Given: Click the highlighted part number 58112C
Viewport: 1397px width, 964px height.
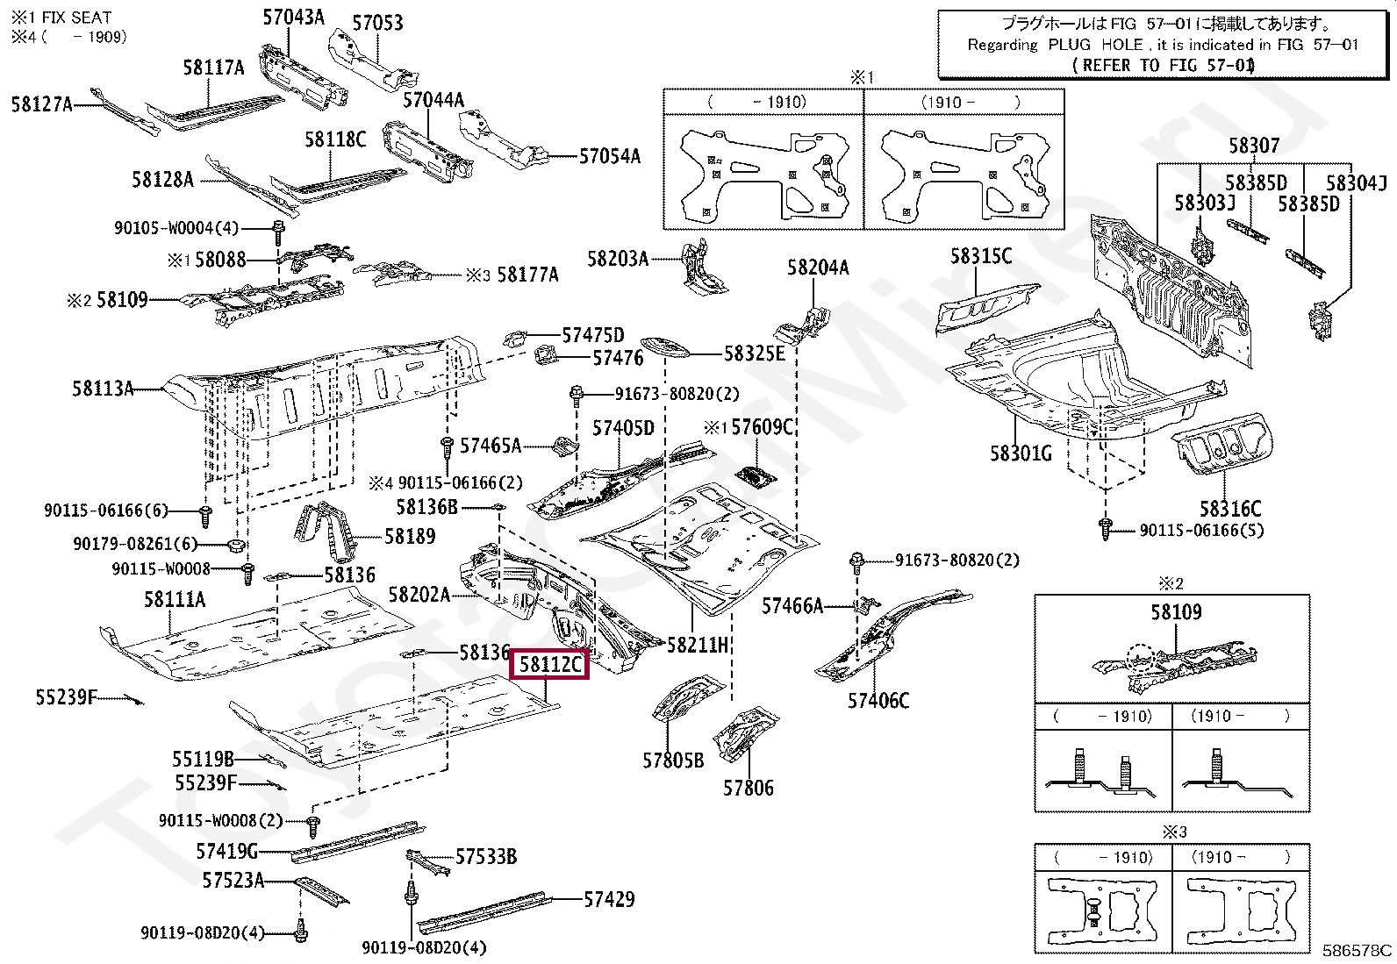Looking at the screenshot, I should point(549,664).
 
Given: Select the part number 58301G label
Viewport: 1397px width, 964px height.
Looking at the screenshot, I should point(1020,453).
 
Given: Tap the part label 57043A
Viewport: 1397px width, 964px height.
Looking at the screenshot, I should point(293,17).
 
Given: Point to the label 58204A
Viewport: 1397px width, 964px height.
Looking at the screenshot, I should point(818,268).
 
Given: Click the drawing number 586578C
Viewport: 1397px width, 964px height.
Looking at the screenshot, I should point(1357,949).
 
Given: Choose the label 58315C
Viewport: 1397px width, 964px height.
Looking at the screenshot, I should point(980,256).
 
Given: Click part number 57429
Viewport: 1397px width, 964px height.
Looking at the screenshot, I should point(609,899).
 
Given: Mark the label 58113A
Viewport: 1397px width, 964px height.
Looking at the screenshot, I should point(103,389).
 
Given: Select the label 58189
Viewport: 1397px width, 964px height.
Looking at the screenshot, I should point(410,536).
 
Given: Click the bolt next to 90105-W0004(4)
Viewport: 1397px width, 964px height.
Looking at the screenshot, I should point(277,230).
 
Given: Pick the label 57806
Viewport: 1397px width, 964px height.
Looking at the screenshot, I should point(748,788).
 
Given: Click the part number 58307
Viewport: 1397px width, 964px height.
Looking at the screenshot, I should point(1254,146).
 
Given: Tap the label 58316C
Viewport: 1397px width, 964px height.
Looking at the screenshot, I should point(1229,509).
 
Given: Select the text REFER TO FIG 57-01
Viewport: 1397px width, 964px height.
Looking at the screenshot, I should point(1164,65).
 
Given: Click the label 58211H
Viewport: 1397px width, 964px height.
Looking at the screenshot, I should point(698,646).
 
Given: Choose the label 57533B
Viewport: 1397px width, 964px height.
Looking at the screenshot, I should point(485,857).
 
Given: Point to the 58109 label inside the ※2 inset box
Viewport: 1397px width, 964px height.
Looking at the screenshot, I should point(1176,612).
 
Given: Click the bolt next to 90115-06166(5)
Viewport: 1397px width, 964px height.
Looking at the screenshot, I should point(1105,529).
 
